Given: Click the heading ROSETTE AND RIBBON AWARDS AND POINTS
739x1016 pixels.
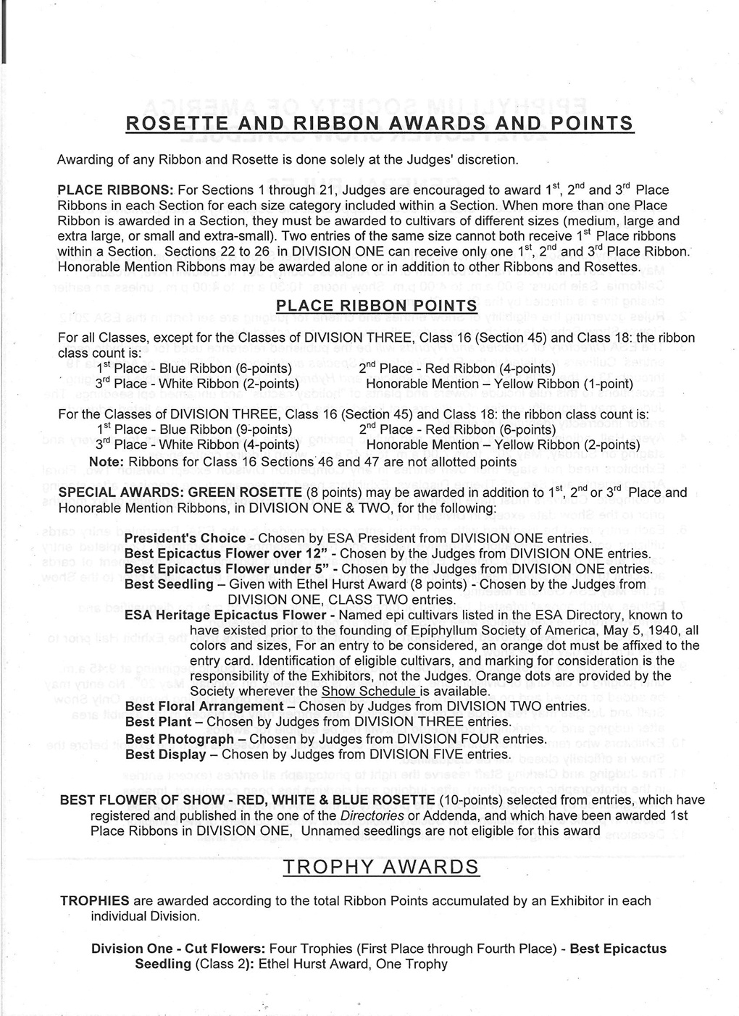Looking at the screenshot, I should click(x=380, y=123).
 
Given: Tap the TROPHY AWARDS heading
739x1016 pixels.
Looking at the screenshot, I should click(x=380, y=867).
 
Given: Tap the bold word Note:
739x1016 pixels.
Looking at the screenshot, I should click(x=105, y=462).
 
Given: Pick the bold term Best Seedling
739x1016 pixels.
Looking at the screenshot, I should click(x=169, y=584).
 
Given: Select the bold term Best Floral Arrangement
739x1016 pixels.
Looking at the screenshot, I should click(x=204, y=707).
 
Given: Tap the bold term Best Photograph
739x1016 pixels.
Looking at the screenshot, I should click(x=179, y=739).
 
